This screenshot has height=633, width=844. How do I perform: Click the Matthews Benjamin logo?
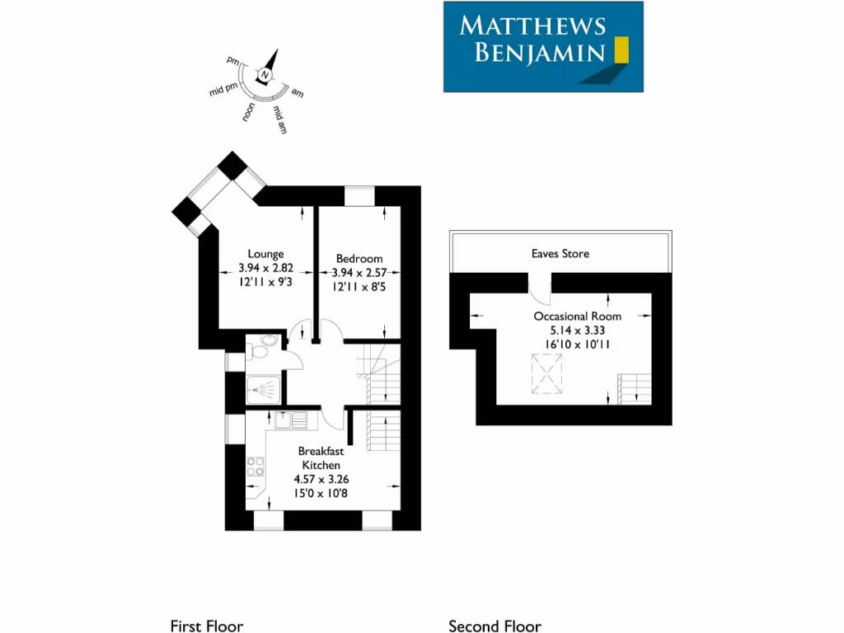(543, 46)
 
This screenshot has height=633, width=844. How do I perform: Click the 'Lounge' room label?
(265, 254)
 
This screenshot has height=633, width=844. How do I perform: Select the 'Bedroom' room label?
(359, 259)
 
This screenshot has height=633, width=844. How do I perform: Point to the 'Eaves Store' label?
(560, 254)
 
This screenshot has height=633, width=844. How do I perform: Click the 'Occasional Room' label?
(577, 316)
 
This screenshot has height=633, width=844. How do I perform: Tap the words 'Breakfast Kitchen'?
(321, 458)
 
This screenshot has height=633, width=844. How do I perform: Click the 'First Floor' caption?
(206, 626)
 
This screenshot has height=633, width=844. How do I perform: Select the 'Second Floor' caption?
(495, 626)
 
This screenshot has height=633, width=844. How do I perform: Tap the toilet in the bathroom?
(259, 352)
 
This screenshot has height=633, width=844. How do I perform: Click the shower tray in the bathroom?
(265, 387)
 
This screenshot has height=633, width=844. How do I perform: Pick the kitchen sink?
(291, 420)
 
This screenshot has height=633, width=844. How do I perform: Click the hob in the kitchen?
(256, 467)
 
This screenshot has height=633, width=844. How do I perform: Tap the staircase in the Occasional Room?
(634, 388)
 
